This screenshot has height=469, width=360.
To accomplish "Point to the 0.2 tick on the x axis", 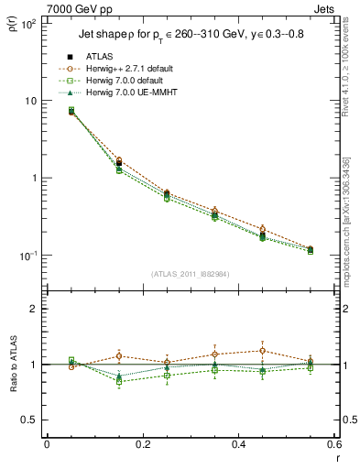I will coord(142,445).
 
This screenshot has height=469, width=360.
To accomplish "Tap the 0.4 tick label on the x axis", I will coord(238,445).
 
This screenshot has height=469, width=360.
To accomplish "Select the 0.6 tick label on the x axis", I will coord(334,445).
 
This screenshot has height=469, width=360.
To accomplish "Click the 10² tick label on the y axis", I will coord(27,23).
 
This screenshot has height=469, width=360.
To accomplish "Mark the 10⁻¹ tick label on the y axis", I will coord(27,255).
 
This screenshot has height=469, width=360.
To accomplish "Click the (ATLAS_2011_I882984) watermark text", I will coord(190,273).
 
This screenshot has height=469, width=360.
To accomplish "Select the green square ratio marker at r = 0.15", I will coord(118,381).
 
